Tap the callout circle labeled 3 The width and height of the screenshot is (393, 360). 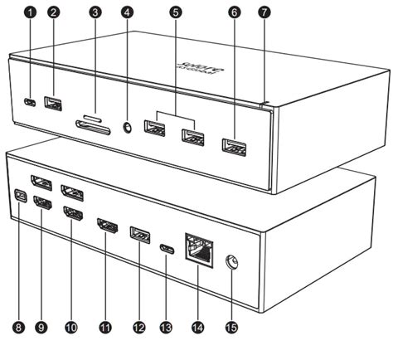(x=96, y=12)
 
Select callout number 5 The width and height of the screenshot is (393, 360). (x=175, y=12)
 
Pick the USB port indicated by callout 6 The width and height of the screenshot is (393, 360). (x=233, y=149)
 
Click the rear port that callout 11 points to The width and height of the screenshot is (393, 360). (x=106, y=226)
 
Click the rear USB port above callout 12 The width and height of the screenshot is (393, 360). (x=138, y=235)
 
